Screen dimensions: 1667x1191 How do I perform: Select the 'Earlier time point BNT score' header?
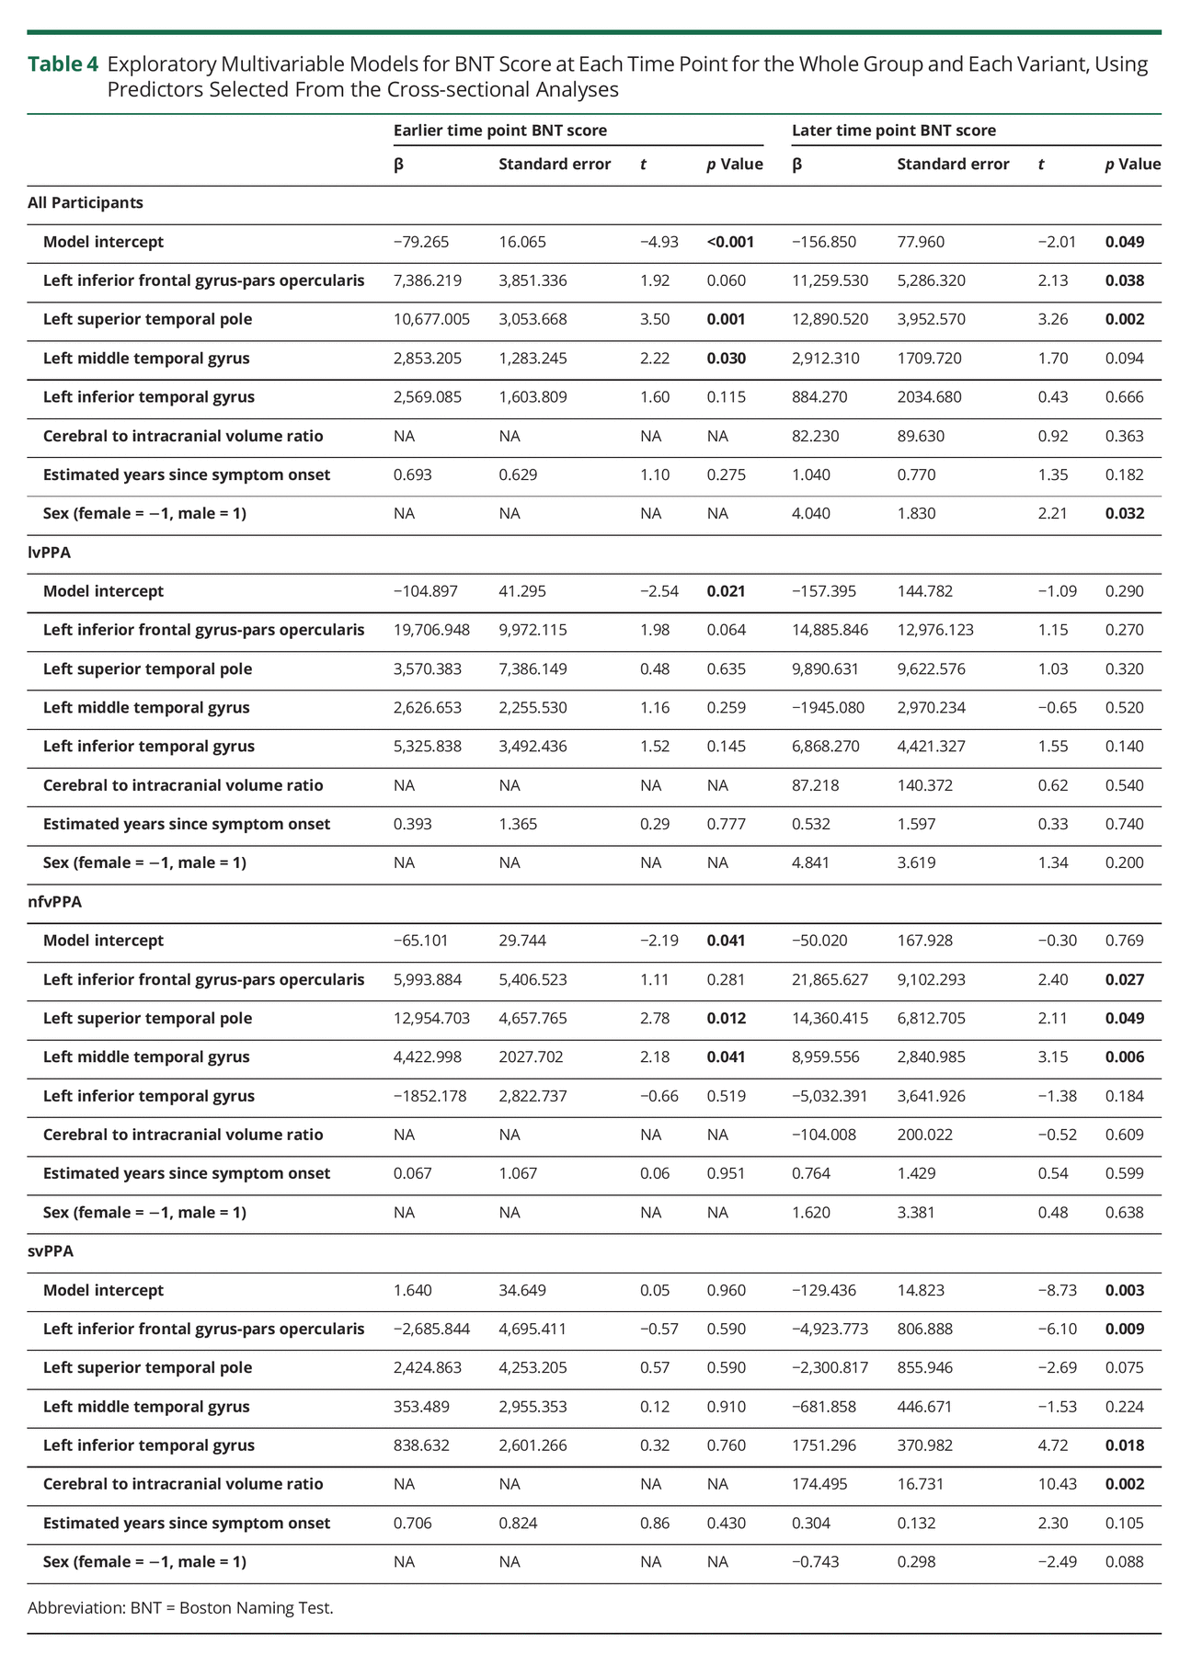[499, 131]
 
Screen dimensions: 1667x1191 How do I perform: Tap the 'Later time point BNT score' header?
[893, 131]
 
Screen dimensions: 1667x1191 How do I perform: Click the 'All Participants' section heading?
[86, 202]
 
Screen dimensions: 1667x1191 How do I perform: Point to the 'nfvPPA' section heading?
[54, 901]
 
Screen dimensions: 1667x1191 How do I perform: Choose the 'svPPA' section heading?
[51, 1250]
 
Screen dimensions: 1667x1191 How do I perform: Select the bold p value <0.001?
[730, 242]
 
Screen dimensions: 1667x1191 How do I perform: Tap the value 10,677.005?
[431, 319]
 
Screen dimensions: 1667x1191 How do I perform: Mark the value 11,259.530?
[830, 280]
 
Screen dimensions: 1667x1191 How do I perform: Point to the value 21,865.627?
[830, 979]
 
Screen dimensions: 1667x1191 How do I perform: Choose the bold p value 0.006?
[1125, 1056]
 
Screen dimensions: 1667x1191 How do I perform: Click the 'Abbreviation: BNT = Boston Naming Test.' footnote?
[180, 1607]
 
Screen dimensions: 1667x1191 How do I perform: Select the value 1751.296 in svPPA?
[824, 1444]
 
